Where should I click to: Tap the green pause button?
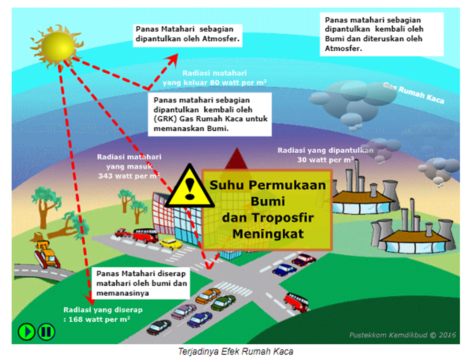coord(45,331)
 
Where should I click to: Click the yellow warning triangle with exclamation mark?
coord(190,184)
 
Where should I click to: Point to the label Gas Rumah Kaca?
coord(414,93)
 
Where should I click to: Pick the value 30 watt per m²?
coord(325,160)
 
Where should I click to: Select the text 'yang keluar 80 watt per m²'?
coord(215,82)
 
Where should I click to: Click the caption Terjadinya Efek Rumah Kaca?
coord(233,351)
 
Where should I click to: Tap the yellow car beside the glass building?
coord(171,244)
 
